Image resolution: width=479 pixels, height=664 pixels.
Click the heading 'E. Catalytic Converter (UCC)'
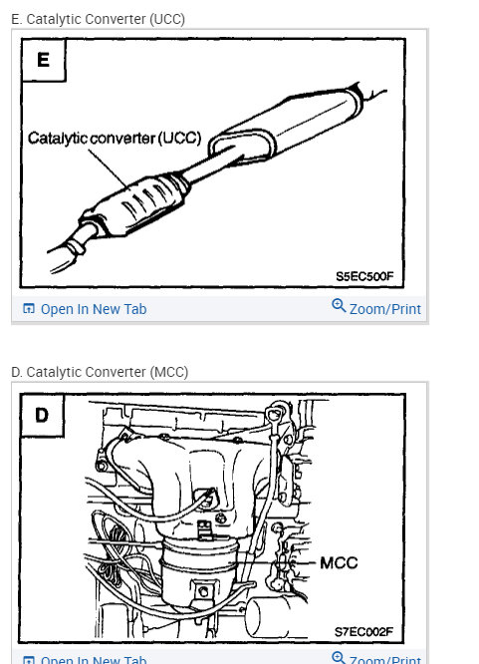pyautogui.click(x=98, y=19)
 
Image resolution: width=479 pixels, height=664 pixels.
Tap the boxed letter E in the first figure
pyautogui.click(x=43, y=60)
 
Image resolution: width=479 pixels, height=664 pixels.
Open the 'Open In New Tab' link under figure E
pyautogui.click(x=93, y=309)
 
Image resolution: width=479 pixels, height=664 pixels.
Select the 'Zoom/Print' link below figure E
pyautogui.click(x=384, y=309)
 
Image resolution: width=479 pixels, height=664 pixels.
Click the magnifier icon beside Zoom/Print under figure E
pyautogui.click(x=339, y=307)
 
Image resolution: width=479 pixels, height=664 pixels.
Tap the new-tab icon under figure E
pyautogui.click(x=28, y=309)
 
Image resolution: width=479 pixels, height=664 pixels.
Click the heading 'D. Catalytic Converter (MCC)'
pyautogui.click(x=100, y=372)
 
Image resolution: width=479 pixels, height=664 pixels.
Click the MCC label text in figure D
pyautogui.click(x=338, y=563)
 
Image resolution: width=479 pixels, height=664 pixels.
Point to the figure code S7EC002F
pyautogui.click(x=365, y=631)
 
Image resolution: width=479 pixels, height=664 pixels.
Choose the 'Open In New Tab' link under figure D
pyautogui.click(x=93, y=659)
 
